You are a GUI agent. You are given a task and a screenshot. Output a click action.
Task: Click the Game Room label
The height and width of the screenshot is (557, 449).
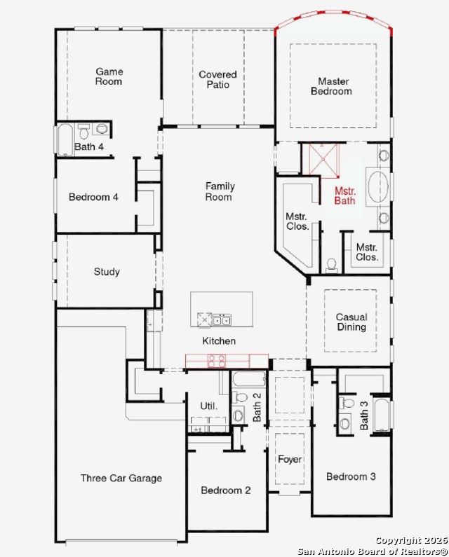(x=109, y=76)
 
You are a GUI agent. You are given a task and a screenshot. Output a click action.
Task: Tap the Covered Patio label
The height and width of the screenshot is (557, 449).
(x=217, y=80)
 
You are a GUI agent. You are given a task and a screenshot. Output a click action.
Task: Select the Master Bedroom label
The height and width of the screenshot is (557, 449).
(x=332, y=86)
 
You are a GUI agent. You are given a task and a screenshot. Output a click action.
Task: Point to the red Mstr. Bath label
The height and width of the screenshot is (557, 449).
(x=344, y=195)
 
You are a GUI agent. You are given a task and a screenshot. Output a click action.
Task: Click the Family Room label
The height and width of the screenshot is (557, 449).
(x=220, y=191)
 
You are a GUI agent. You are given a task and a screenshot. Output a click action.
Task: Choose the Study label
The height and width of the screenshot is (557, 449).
(x=107, y=272)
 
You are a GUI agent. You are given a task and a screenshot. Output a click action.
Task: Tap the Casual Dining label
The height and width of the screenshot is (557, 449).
(x=351, y=322)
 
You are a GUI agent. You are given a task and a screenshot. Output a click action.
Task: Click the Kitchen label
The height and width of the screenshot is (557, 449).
(x=219, y=341)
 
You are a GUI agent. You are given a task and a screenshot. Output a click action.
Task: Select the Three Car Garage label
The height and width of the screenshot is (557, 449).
(x=121, y=478)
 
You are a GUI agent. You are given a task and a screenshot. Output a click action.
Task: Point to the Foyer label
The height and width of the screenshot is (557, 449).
(x=290, y=460)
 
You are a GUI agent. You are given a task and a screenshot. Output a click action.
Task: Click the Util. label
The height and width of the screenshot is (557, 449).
(x=208, y=406)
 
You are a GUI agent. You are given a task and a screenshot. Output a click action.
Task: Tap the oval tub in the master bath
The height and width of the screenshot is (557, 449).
(x=378, y=187)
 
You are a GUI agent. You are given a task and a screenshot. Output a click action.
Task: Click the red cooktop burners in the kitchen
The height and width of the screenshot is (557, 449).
(x=217, y=361)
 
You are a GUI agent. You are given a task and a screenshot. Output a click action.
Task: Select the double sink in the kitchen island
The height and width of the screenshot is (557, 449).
(x=222, y=319)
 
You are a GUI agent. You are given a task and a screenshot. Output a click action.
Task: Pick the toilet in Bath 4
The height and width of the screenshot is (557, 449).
(x=83, y=131)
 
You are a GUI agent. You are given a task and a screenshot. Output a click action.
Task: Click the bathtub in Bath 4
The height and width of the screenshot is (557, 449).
(x=65, y=139)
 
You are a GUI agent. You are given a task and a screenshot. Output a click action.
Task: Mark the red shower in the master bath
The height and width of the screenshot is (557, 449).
(x=323, y=160)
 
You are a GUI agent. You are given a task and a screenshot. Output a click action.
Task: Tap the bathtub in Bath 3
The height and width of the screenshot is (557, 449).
(x=382, y=415)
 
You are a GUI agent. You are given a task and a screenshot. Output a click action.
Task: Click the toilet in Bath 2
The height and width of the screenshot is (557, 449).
(x=240, y=397)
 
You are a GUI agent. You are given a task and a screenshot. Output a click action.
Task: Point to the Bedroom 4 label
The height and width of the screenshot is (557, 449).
(x=93, y=197)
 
